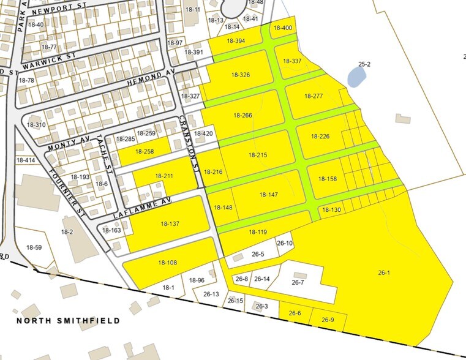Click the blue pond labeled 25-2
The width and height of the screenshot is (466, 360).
click(356, 76)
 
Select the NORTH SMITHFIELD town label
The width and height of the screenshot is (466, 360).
click(68, 320)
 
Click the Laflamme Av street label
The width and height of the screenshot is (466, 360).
click(142, 209)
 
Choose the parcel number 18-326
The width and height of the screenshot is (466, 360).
click(241, 75)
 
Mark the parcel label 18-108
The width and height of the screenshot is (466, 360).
click(167, 263)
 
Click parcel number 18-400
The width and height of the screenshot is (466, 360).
click(282, 28)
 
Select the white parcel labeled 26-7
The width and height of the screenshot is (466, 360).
click(298, 282)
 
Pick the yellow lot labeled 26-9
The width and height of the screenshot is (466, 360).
click(328, 320)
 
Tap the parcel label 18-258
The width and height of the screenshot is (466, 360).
click(145, 151)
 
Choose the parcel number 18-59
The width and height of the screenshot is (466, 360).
click(34, 247)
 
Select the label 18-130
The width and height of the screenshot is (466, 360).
click(331, 210)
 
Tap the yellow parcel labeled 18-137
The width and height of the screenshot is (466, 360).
click(170, 224)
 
